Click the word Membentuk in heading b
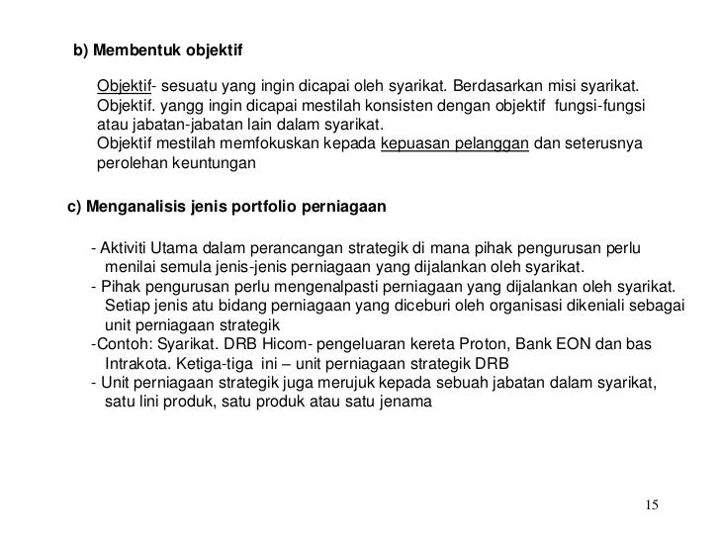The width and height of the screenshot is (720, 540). pos(132,48)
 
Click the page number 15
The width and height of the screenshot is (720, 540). pos(651,506)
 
